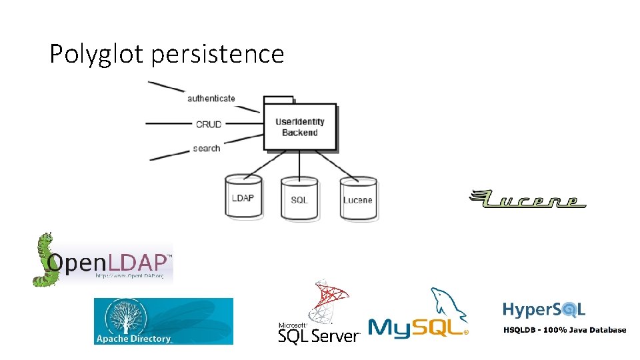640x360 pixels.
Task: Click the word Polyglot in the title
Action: [x=97, y=54]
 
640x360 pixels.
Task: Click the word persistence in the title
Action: [x=217, y=54]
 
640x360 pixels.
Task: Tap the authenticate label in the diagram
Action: [x=211, y=99]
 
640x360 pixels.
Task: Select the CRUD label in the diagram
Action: [x=209, y=124]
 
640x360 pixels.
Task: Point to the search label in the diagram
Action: [x=207, y=148]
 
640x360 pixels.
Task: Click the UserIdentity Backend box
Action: [x=300, y=127]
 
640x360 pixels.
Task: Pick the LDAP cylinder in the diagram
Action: [x=243, y=197]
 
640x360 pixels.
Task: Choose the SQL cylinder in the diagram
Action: [x=299, y=199]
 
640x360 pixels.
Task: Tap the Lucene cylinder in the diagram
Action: [x=358, y=199]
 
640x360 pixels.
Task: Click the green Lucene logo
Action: [x=528, y=199]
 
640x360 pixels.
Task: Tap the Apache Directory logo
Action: [x=163, y=321]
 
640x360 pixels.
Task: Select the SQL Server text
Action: [x=319, y=336]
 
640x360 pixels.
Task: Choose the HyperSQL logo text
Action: [x=544, y=309]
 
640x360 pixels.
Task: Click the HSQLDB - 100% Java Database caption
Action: [x=564, y=330]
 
